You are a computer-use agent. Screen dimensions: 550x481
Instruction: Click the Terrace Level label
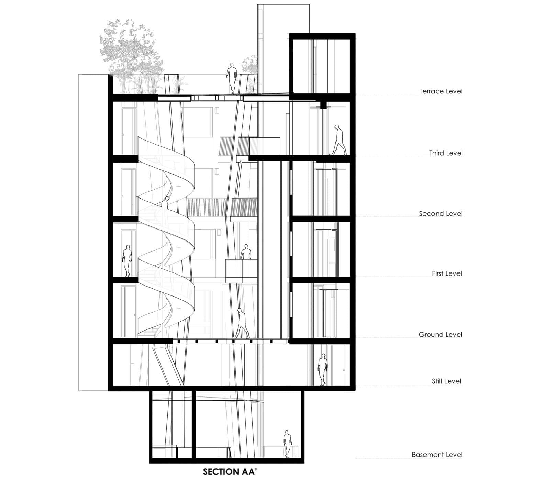[441, 91]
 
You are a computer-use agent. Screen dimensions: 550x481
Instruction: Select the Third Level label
[446, 153]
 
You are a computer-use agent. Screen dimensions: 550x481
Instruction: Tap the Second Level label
[441, 214]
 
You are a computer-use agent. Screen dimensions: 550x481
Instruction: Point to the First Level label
[447, 274]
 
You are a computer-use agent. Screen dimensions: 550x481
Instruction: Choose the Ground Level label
[440, 335]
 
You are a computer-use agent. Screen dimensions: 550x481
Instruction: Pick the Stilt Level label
[447, 381]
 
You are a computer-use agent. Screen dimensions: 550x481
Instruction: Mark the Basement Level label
[437, 455]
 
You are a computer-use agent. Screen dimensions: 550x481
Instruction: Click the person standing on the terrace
[231, 78]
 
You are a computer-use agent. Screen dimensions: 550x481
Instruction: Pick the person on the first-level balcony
[245, 252]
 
